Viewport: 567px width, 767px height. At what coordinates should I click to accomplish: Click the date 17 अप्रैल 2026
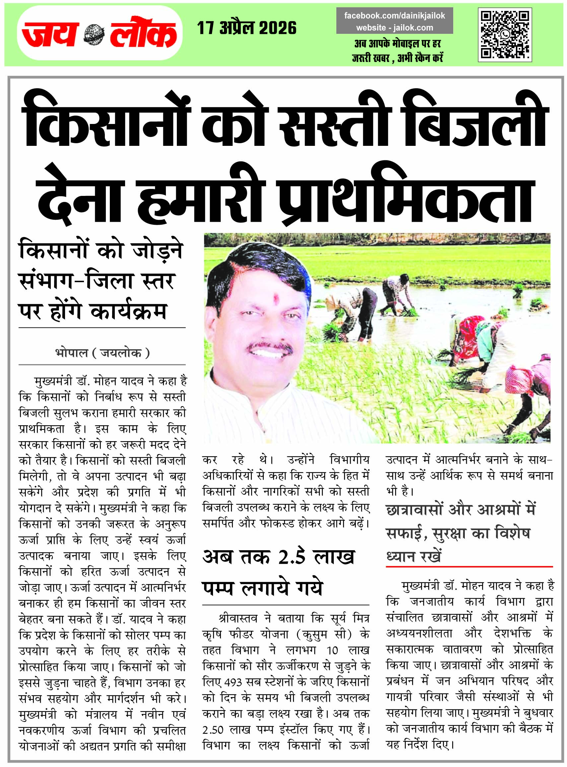(x=247, y=28)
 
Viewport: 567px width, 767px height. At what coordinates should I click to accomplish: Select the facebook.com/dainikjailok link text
(x=394, y=16)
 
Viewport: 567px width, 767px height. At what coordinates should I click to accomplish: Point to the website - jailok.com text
(x=394, y=28)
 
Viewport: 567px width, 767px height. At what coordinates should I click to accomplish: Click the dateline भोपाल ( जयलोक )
(x=102, y=352)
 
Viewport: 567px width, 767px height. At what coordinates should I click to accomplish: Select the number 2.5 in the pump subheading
(x=291, y=557)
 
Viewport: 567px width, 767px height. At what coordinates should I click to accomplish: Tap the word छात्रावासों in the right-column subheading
(x=414, y=510)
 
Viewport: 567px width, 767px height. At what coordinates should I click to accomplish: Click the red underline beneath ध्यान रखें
(x=469, y=567)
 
